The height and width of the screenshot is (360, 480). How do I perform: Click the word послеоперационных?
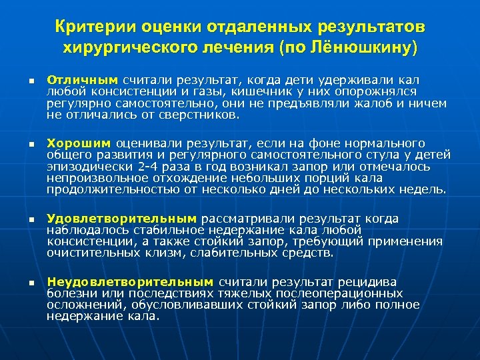(343, 293)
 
